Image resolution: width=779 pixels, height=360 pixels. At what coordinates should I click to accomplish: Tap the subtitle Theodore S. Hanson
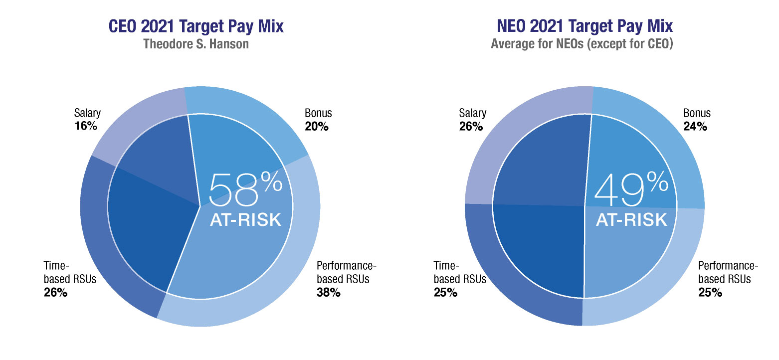pos(196,44)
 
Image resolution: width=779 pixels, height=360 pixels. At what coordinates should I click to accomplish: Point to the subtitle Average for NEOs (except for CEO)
pos(583,44)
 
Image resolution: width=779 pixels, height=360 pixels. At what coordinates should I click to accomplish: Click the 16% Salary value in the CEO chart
pos(85,126)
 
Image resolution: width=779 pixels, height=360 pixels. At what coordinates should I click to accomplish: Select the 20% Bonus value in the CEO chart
pos(317,126)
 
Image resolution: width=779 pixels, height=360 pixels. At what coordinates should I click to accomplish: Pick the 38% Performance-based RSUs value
pos(329,293)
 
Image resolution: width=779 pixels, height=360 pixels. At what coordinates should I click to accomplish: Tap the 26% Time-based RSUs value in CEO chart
pos(55,293)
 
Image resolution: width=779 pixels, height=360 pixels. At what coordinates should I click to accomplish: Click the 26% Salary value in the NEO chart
pos(471,126)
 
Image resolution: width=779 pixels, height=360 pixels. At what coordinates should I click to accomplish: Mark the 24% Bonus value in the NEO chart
pos(695,126)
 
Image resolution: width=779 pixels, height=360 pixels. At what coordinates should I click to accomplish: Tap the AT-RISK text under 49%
pos(631,219)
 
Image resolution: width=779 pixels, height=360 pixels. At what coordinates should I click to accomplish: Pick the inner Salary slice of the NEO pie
pos(541,160)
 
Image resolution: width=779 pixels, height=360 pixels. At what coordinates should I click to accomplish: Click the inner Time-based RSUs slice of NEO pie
pos(541,249)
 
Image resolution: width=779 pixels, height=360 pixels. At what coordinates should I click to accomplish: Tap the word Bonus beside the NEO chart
pos(697,113)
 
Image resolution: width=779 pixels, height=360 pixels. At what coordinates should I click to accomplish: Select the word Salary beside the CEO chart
pos(87,113)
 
